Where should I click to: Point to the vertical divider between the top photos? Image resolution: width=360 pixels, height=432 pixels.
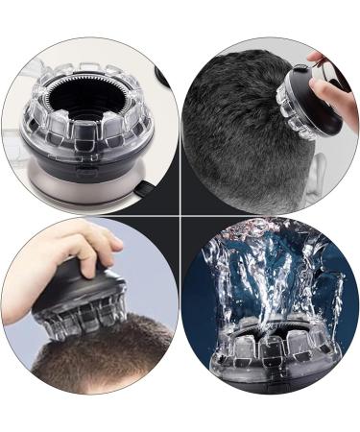click(x=180, y=115)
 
